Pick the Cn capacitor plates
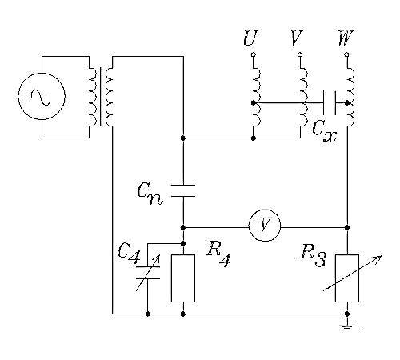point(183,190)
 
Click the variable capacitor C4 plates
point(148,273)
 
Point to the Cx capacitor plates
point(330,102)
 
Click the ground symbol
point(347,326)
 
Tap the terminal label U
point(250,38)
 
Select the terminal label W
point(346,38)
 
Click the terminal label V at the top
point(297,38)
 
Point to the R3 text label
point(313,254)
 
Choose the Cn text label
point(150,194)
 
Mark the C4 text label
point(129,254)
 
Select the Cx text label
point(325,130)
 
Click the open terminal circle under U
point(254,54)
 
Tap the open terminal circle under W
point(346,54)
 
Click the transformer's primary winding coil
point(93,97)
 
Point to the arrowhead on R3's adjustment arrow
point(379,258)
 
